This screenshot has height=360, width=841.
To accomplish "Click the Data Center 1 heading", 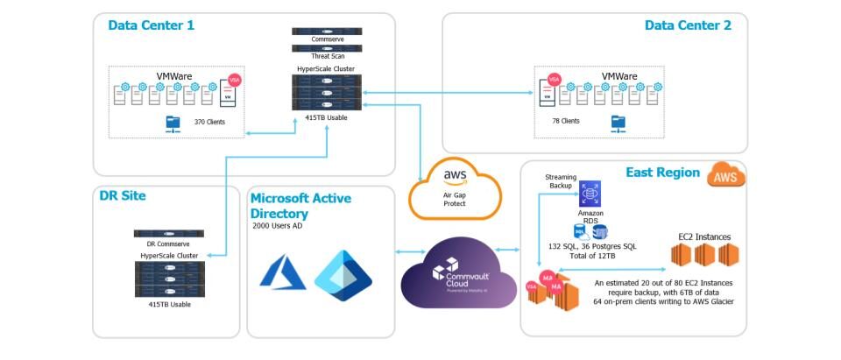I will [151, 25].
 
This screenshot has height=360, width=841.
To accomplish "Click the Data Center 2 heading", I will [688, 25].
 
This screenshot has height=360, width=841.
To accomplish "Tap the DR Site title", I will [123, 196].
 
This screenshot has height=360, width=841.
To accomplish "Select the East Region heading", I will [664, 173].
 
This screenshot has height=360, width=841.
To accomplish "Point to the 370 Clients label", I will [209, 122].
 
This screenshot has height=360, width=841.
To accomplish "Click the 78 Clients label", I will [565, 121].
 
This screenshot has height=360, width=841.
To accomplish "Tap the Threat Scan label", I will [327, 56].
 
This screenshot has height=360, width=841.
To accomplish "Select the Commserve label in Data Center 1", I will [327, 39].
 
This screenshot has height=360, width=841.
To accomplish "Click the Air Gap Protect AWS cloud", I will [455, 188].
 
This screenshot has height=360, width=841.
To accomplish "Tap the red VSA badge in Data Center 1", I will [234, 80].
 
